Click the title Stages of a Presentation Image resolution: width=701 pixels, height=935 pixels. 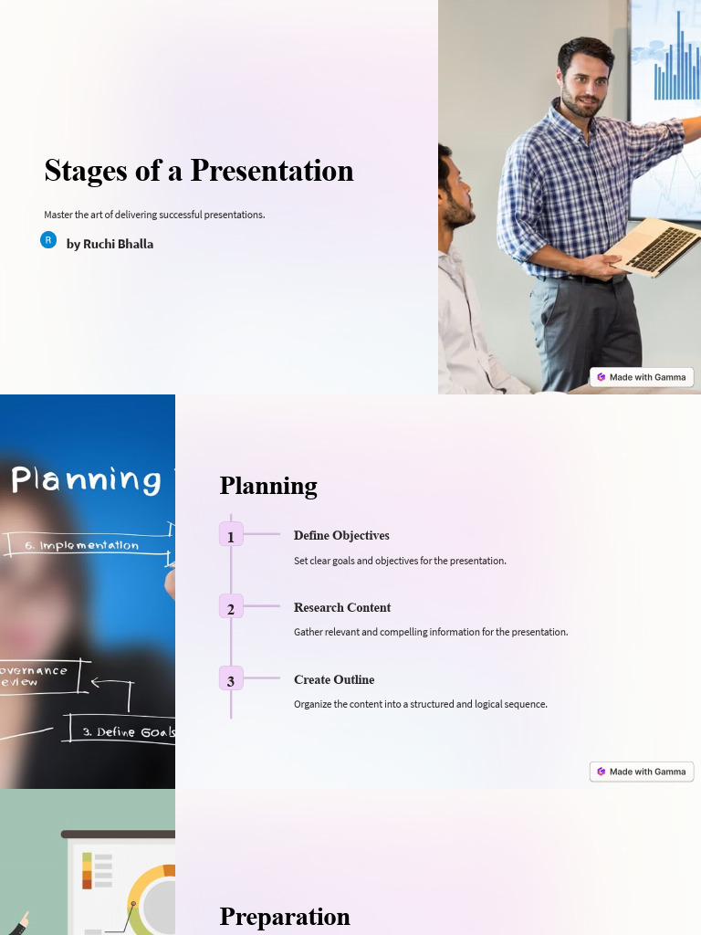point(198,171)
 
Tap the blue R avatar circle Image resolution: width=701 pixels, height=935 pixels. point(48,240)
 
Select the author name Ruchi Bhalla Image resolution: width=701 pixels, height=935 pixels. point(110,244)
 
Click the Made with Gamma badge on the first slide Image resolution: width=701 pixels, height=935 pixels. point(642,377)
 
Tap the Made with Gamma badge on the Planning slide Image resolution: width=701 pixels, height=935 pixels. point(642,772)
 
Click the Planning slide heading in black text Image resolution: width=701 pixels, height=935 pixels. point(268,486)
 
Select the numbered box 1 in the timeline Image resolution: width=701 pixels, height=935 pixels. point(231,536)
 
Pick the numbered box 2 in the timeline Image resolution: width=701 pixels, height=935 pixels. point(231,608)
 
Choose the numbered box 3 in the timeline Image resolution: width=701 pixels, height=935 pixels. point(231,680)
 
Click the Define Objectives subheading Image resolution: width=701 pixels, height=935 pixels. point(341,536)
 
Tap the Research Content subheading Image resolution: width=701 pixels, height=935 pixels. point(342,608)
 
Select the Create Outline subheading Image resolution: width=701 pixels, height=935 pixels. point(334,680)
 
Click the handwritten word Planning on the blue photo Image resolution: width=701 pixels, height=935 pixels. point(87,479)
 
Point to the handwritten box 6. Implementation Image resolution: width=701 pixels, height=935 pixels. point(87,545)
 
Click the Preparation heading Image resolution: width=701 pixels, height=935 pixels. point(285,917)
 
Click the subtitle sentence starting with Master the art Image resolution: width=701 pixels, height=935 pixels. point(154,215)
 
